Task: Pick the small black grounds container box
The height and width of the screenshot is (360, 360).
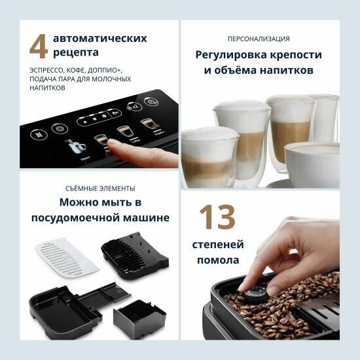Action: click(x=134, y=317)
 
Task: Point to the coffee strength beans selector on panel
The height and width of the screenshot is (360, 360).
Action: click(x=92, y=120)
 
